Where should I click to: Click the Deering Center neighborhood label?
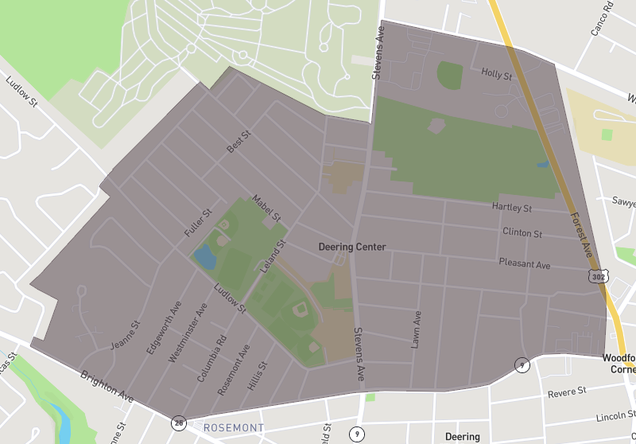tap(351, 247)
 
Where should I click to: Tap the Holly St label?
tap(497, 74)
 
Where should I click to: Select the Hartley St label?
tap(511, 208)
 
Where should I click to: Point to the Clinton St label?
tap(522, 233)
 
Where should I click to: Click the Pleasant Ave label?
tap(524, 263)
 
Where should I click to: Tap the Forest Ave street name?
tap(582, 236)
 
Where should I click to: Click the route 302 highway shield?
tap(599, 276)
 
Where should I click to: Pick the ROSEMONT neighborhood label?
tap(234, 428)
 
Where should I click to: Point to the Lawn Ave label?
tap(415, 328)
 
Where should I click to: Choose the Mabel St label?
tap(266, 208)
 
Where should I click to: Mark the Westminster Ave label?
tap(188, 333)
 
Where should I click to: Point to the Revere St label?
tap(567, 392)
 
